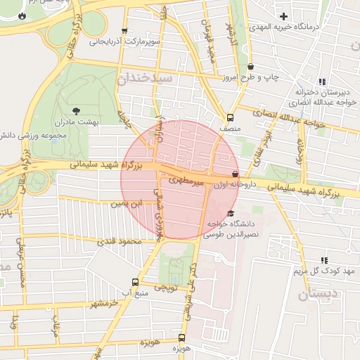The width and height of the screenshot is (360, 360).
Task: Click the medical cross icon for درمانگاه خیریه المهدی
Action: (283, 16)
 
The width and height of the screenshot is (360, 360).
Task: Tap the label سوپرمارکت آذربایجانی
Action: (126, 41)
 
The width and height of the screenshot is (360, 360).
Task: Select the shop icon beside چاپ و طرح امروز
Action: (251, 67)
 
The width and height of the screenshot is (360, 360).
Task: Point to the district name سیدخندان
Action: (146, 79)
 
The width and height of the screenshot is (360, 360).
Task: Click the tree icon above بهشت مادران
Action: (77, 110)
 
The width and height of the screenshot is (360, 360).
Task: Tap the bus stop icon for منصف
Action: (230, 118)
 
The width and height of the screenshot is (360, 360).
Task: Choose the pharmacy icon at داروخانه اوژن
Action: (235, 173)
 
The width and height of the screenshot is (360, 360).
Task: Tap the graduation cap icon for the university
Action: (231, 214)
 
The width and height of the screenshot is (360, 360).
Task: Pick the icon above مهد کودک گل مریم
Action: (323, 260)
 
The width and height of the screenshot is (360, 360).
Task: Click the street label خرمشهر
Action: (102, 303)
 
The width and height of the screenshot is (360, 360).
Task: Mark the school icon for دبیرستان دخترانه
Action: (322, 82)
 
